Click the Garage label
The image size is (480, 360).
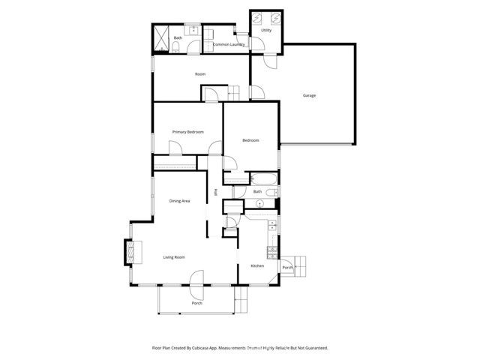coord(308,95)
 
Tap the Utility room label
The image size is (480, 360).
coord(266,31)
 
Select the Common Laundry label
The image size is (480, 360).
coord(229,45)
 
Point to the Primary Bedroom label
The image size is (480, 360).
coord(187,132)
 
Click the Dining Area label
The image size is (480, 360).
coord(179,201)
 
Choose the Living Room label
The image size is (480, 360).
coord(174,257)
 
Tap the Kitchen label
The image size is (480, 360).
coord(257,266)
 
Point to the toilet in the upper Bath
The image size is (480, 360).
coord(175,48)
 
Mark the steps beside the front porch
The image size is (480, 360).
coord(241,303)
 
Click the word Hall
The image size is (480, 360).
coord(216,192)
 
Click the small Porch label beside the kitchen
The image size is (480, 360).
coord(287,268)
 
